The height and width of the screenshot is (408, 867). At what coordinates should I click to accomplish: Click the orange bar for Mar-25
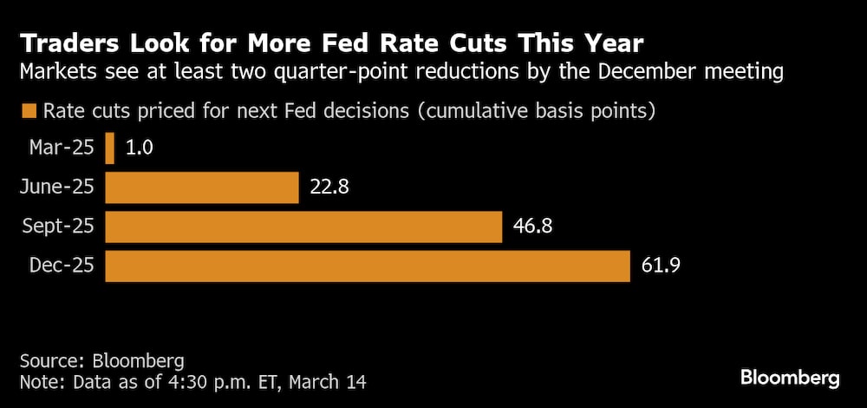point(110,148)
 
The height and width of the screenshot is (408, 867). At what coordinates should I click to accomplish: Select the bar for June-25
point(202,188)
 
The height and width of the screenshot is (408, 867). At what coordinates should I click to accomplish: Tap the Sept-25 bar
point(303,227)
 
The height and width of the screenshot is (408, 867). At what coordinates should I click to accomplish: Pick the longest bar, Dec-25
point(368,266)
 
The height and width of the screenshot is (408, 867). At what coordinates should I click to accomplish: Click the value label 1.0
point(139,148)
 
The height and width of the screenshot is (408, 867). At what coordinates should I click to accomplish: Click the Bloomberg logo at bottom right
point(790,378)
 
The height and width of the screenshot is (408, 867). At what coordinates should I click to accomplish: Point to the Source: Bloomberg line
point(102,359)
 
